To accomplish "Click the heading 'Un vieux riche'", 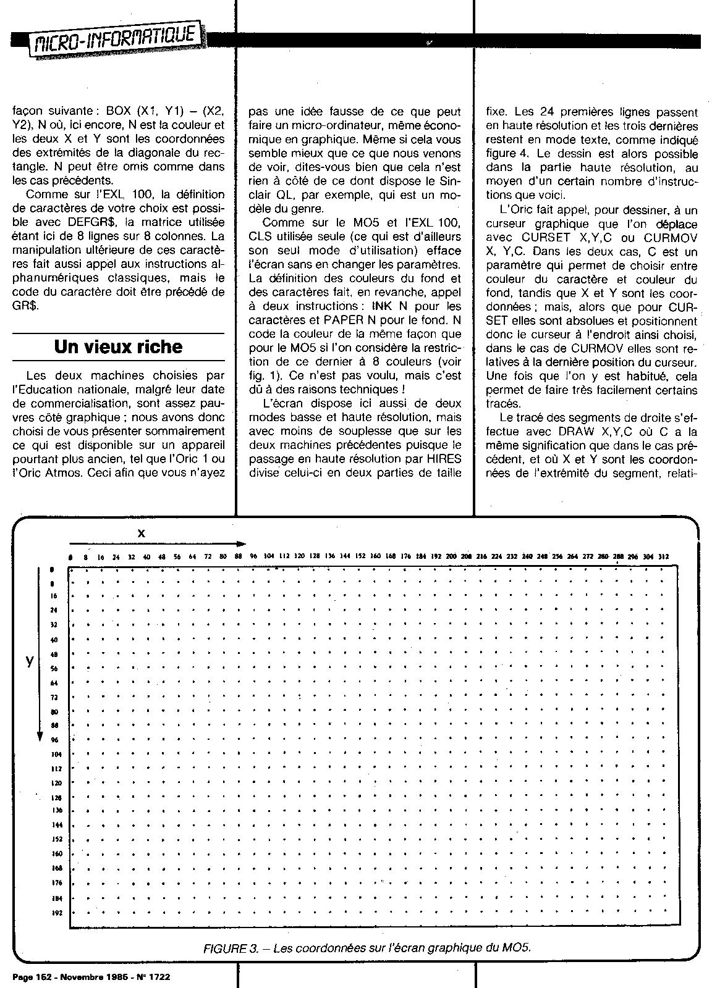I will pyautogui.click(x=118, y=346).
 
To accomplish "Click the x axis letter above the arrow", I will pyautogui.click(x=141, y=532).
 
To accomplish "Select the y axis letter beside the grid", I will pyautogui.click(x=29, y=660).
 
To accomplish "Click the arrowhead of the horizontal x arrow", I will pyautogui.click(x=242, y=543).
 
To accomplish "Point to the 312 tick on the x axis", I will pyautogui.click(x=663, y=556).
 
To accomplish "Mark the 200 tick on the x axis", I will pyautogui.click(x=451, y=556).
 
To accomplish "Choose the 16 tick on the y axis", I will pyautogui.click(x=54, y=597).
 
